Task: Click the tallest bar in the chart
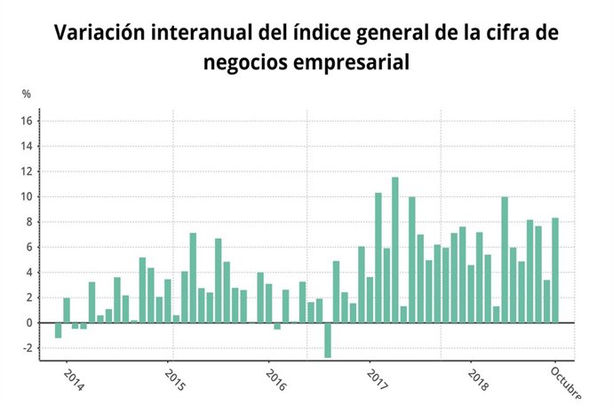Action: tap(394, 250)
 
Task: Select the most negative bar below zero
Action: tap(327, 340)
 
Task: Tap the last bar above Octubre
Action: tap(555, 270)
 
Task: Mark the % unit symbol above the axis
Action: tap(27, 93)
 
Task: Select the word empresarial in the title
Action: tap(357, 64)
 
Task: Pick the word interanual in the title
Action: tap(194, 33)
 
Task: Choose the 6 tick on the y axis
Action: tap(28, 247)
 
